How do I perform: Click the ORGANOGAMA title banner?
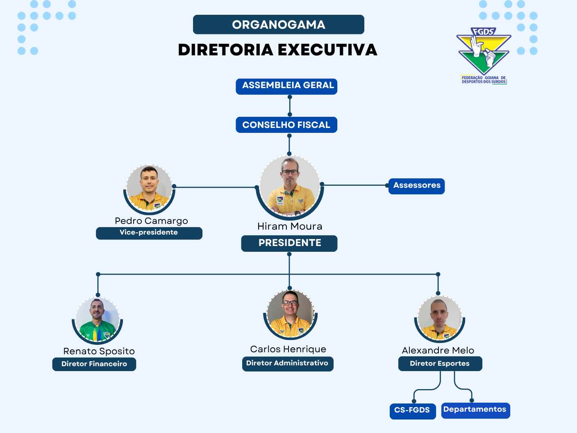click(x=278, y=25)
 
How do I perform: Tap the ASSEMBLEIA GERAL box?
click(x=286, y=86)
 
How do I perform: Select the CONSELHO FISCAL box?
click(x=286, y=125)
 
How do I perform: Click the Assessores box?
click(x=416, y=186)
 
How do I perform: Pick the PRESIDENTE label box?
click(x=289, y=243)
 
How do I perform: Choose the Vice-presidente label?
click(x=149, y=233)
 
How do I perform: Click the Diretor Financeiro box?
click(x=94, y=364)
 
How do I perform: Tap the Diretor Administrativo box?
click(x=288, y=364)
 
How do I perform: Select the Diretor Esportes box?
click(x=440, y=364)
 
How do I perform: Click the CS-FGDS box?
click(x=413, y=411)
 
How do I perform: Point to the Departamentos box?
click(x=475, y=410)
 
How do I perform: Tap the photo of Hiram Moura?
click(x=290, y=187)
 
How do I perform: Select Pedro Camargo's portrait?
click(x=149, y=189)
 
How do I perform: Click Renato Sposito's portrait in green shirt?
click(x=98, y=320)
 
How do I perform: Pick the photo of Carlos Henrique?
click(x=290, y=314)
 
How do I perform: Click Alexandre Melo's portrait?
click(x=440, y=319)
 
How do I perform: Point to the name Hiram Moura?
click(x=290, y=226)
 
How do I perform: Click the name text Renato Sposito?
click(x=99, y=351)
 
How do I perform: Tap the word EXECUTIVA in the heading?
click(x=328, y=50)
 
